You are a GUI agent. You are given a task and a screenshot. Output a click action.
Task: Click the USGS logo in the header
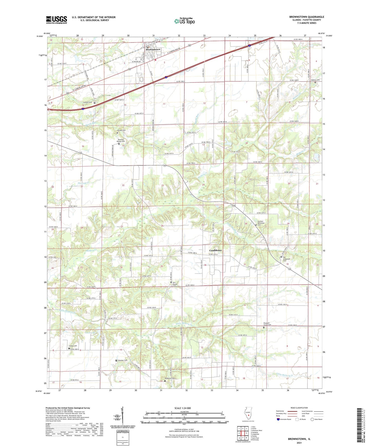[x=56, y=20]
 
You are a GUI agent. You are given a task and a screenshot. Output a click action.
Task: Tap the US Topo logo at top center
[x=184, y=21]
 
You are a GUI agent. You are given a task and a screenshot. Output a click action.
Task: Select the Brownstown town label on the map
[x=153, y=49]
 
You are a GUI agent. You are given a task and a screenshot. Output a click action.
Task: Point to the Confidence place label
[x=215, y=250]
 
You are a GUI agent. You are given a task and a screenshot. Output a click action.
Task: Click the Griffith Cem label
[x=88, y=102]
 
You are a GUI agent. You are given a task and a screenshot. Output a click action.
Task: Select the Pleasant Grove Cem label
[x=267, y=324]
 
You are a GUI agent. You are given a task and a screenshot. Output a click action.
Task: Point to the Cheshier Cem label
[x=122, y=360]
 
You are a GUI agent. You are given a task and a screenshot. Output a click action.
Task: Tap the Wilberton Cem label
[x=170, y=378]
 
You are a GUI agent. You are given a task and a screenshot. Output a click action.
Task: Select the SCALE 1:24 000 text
[x=183, y=408]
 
